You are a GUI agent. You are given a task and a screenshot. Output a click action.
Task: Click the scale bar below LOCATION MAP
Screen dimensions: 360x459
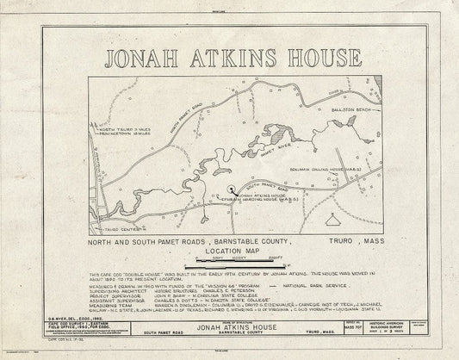tap(230, 260)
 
